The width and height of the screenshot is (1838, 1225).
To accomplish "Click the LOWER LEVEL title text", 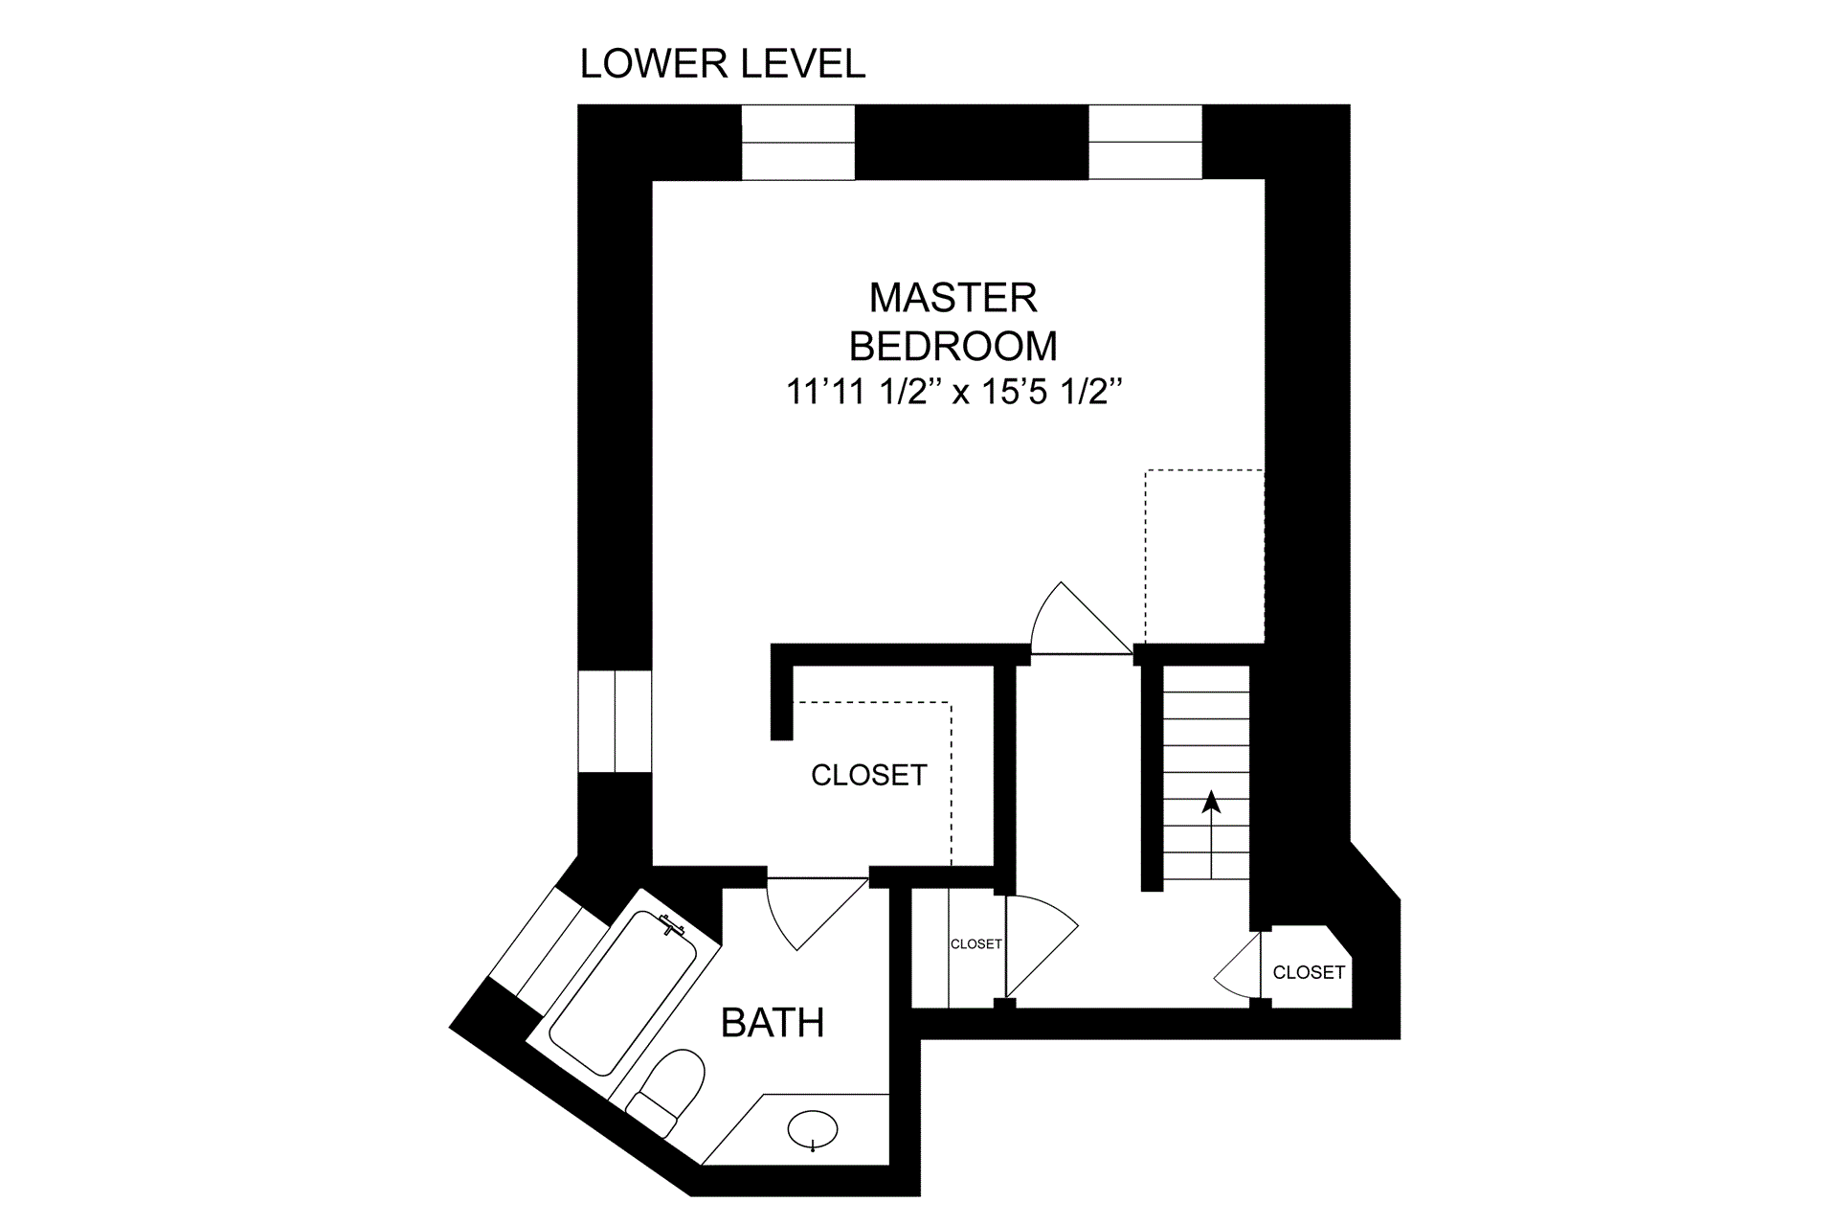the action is point(723,64).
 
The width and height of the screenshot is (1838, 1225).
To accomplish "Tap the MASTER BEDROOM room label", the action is point(953,322).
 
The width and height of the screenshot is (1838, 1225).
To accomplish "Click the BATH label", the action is point(773,1023).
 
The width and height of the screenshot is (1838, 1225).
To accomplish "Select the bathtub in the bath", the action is point(624,992).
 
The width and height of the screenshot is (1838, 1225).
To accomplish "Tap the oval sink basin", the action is point(814,1130).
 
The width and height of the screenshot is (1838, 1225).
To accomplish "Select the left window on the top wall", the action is point(798,142).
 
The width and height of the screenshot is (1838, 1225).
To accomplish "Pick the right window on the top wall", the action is point(1145,142).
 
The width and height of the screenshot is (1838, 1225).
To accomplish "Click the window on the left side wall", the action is point(615,721).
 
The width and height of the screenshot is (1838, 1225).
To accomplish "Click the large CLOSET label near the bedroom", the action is point(869,775).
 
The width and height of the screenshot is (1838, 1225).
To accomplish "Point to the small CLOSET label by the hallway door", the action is point(976,944).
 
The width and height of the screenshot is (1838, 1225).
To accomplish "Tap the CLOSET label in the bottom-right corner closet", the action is point(1309,972).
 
